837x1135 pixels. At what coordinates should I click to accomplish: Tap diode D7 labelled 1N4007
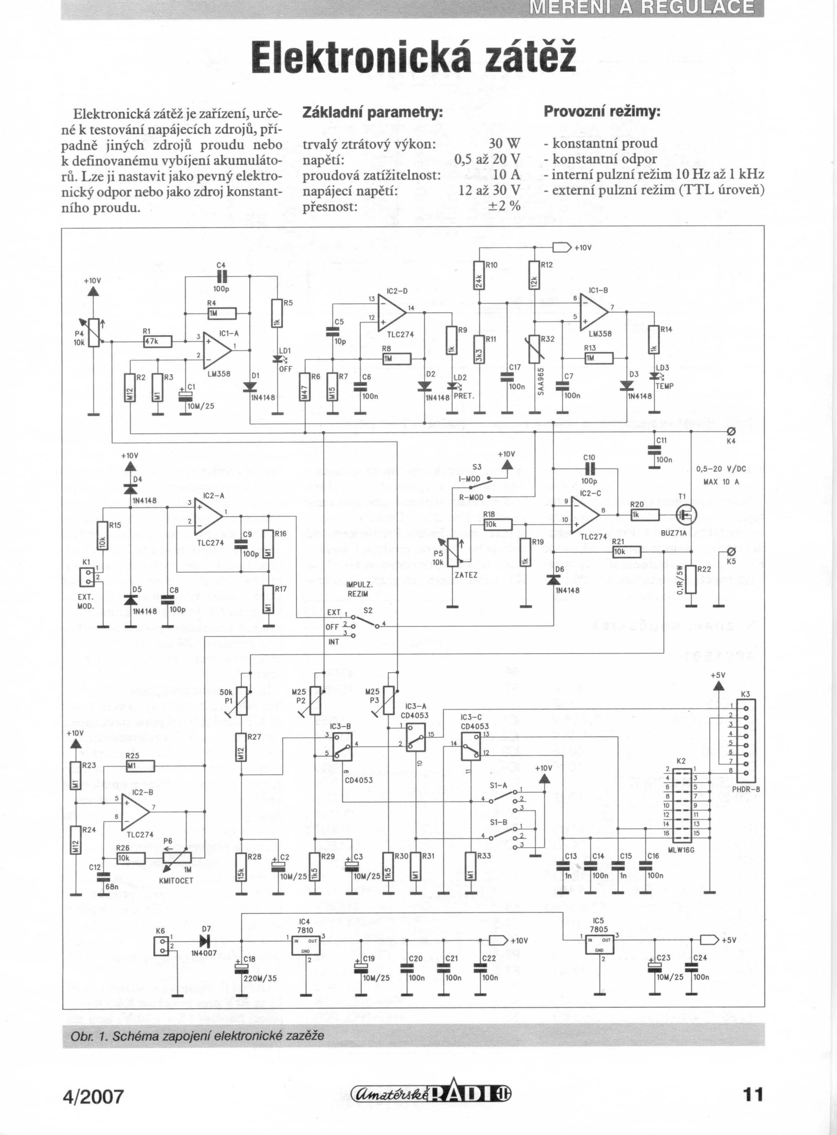205,941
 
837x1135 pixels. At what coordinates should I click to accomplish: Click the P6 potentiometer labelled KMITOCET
177,857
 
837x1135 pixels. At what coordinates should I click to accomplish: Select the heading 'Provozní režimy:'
602,111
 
